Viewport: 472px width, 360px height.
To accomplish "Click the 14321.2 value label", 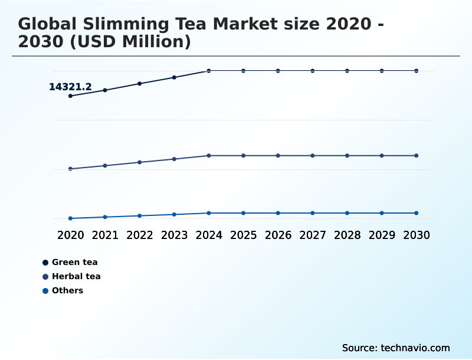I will pyautogui.click(x=70, y=87).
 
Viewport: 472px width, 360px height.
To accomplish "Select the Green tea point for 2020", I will pyautogui.click(x=70, y=96).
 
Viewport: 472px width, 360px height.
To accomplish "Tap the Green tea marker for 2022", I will pyautogui.click(x=140, y=84).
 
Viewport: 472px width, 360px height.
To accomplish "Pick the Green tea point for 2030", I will pyautogui.click(x=417, y=71).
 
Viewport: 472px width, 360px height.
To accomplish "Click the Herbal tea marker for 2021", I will pyautogui.click(x=105, y=166).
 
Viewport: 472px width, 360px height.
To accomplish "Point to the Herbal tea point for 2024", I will pyautogui.click(x=209, y=156).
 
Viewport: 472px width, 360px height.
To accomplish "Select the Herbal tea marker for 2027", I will pyautogui.click(x=313, y=156).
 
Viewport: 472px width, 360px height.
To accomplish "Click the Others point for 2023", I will pyautogui.click(x=174, y=214).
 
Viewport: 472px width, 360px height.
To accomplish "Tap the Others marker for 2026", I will pyautogui.click(x=278, y=213).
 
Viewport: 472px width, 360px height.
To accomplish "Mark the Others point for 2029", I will pyautogui.click(x=382, y=213).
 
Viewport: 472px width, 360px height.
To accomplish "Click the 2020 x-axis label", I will pyautogui.click(x=70, y=235).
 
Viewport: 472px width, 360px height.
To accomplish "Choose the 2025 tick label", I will pyautogui.click(x=243, y=235).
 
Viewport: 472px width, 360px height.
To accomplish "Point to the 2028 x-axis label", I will pyautogui.click(x=347, y=235).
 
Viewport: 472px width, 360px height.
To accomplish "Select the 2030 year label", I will pyautogui.click(x=417, y=235).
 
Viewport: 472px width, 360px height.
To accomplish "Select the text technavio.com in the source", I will pyautogui.click(x=415, y=348).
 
